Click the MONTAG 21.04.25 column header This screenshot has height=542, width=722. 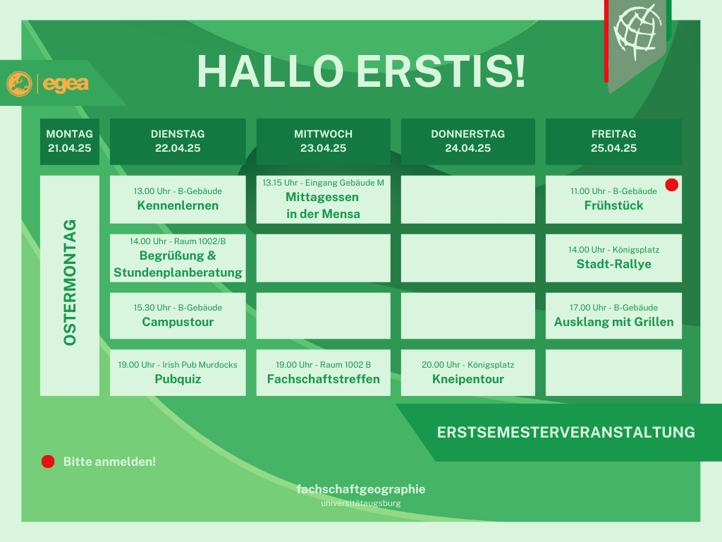(70, 141)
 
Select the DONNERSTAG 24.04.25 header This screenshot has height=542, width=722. (468, 141)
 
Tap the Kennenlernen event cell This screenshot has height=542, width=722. (178, 200)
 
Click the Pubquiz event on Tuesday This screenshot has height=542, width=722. (178, 373)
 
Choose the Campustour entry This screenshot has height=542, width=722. (178, 315)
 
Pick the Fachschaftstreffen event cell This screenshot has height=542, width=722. (323, 373)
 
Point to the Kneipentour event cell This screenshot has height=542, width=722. (468, 373)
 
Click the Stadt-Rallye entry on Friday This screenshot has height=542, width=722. (614, 258)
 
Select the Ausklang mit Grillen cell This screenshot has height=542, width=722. (614, 315)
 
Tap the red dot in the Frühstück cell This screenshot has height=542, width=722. (672, 185)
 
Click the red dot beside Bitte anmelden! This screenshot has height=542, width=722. (48, 462)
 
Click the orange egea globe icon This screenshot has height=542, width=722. (19, 84)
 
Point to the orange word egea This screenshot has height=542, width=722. (66, 84)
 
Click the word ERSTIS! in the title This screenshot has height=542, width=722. (441, 71)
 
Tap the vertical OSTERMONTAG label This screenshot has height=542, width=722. (70, 282)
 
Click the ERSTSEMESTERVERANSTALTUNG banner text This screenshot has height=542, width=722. (566, 433)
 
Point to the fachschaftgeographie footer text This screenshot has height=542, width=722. (361, 489)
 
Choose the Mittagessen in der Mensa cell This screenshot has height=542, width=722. (323, 200)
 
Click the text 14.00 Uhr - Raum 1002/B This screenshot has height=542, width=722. (178, 241)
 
